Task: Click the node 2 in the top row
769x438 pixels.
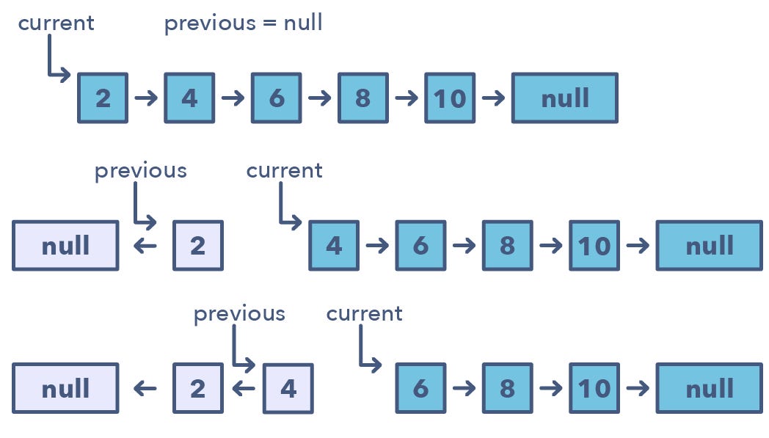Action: tap(103, 98)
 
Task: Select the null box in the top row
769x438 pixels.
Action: tap(564, 98)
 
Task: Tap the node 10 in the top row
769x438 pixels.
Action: tap(449, 98)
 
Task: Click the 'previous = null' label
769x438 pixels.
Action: tap(243, 23)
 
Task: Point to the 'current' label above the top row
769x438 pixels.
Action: tap(56, 23)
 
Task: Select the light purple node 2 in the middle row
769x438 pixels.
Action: tap(197, 245)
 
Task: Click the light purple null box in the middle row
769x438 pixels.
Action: tap(65, 245)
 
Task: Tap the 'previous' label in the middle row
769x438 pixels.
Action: tap(141, 170)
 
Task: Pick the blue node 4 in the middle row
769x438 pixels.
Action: tap(334, 245)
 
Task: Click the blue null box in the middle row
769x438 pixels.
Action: tap(709, 245)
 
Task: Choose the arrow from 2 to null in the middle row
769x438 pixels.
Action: tap(145, 245)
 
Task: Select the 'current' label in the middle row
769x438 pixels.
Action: tap(284, 170)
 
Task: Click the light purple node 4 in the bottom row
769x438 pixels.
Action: tap(288, 388)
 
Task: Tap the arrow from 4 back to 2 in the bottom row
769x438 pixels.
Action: tap(243, 388)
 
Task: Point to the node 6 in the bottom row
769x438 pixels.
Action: tap(420, 388)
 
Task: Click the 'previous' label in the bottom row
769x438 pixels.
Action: tap(239, 314)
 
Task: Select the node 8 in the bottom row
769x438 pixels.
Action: tap(507, 388)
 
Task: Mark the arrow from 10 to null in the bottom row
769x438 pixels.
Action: tap(638, 388)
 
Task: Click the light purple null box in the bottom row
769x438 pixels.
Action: tap(65, 388)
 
